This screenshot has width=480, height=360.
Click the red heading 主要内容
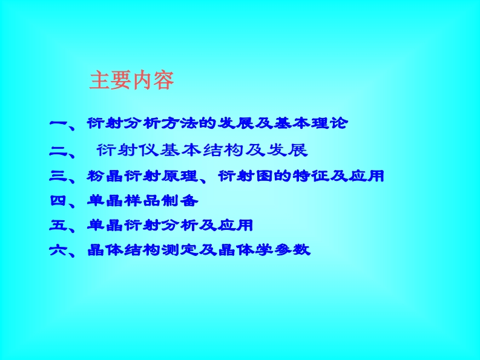[131, 80]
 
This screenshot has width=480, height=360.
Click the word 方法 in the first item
[180, 123]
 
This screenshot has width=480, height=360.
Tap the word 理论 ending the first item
[329, 123]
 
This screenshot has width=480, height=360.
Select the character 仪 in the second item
[149, 150]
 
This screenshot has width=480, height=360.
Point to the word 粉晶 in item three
[105, 175]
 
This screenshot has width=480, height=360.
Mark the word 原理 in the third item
[180, 175]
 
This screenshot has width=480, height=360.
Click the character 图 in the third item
[264, 175]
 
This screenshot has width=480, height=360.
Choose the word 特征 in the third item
[311, 175]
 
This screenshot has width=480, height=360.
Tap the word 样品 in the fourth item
[142, 201]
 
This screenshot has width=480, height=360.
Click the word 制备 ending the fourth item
[180, 201]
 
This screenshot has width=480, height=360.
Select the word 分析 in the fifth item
[180, 225]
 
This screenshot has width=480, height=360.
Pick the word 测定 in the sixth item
[180, 250]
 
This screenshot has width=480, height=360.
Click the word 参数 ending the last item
[292, 250]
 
